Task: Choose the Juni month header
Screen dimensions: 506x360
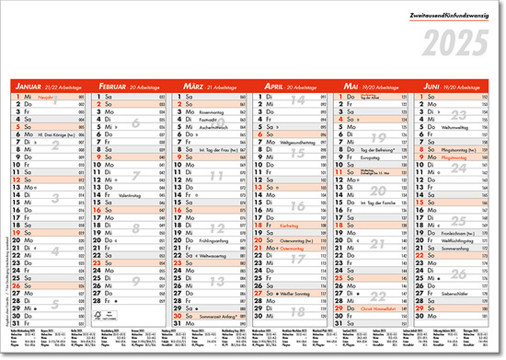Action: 431,86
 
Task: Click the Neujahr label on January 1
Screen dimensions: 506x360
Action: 45,96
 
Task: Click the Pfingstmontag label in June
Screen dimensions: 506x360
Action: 456,157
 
